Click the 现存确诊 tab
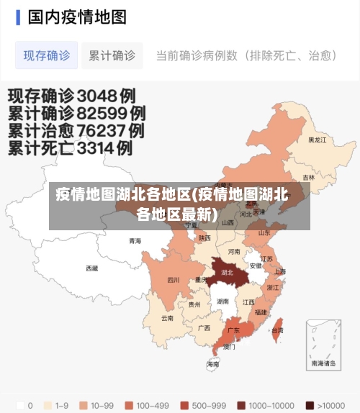point(47,55)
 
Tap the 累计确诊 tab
point(112,55)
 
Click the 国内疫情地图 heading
point(77,17)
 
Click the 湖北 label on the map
point(227,273)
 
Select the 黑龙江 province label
point(318,140)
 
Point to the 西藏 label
point(92,268)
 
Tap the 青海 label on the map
point(135,241)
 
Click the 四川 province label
point(174,280)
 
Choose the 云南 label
point(167,317)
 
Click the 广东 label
point(233,330)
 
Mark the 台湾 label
point(276,330)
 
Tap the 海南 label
point(213,365)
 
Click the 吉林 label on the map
point(309,178)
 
